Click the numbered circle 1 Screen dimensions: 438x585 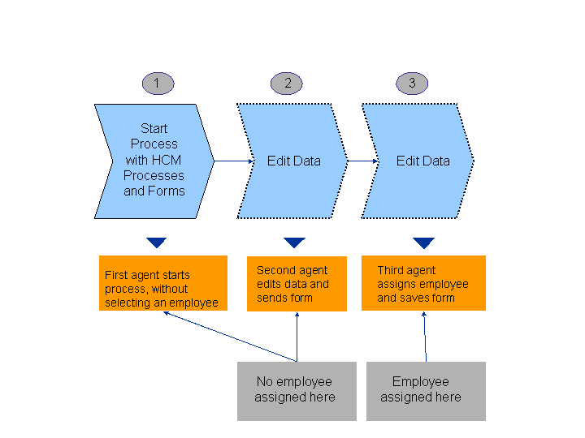[157, 83]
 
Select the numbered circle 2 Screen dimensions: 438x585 [287, 83]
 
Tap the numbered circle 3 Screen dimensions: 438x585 [412, 83]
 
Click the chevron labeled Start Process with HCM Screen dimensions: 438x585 [154, 161]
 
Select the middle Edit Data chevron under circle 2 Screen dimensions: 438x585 [293, 161]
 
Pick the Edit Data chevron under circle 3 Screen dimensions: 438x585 [419, 161]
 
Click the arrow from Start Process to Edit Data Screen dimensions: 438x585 [234, 161]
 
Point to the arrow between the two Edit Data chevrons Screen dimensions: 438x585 [363, 161]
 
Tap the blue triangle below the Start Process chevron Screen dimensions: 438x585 [157, 243]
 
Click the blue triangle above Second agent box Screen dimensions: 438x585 [294, 243]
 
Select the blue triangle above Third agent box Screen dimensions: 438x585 [423, 243]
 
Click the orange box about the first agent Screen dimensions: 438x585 [162, 283]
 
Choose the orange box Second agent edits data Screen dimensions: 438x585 [297, 283]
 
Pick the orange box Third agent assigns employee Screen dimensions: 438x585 [423, 283]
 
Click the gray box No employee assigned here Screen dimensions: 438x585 [296, 391]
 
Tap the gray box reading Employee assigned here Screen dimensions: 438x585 [426, 391]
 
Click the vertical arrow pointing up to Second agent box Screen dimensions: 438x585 [297, 336]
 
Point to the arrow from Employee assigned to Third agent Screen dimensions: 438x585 [425, 336]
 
